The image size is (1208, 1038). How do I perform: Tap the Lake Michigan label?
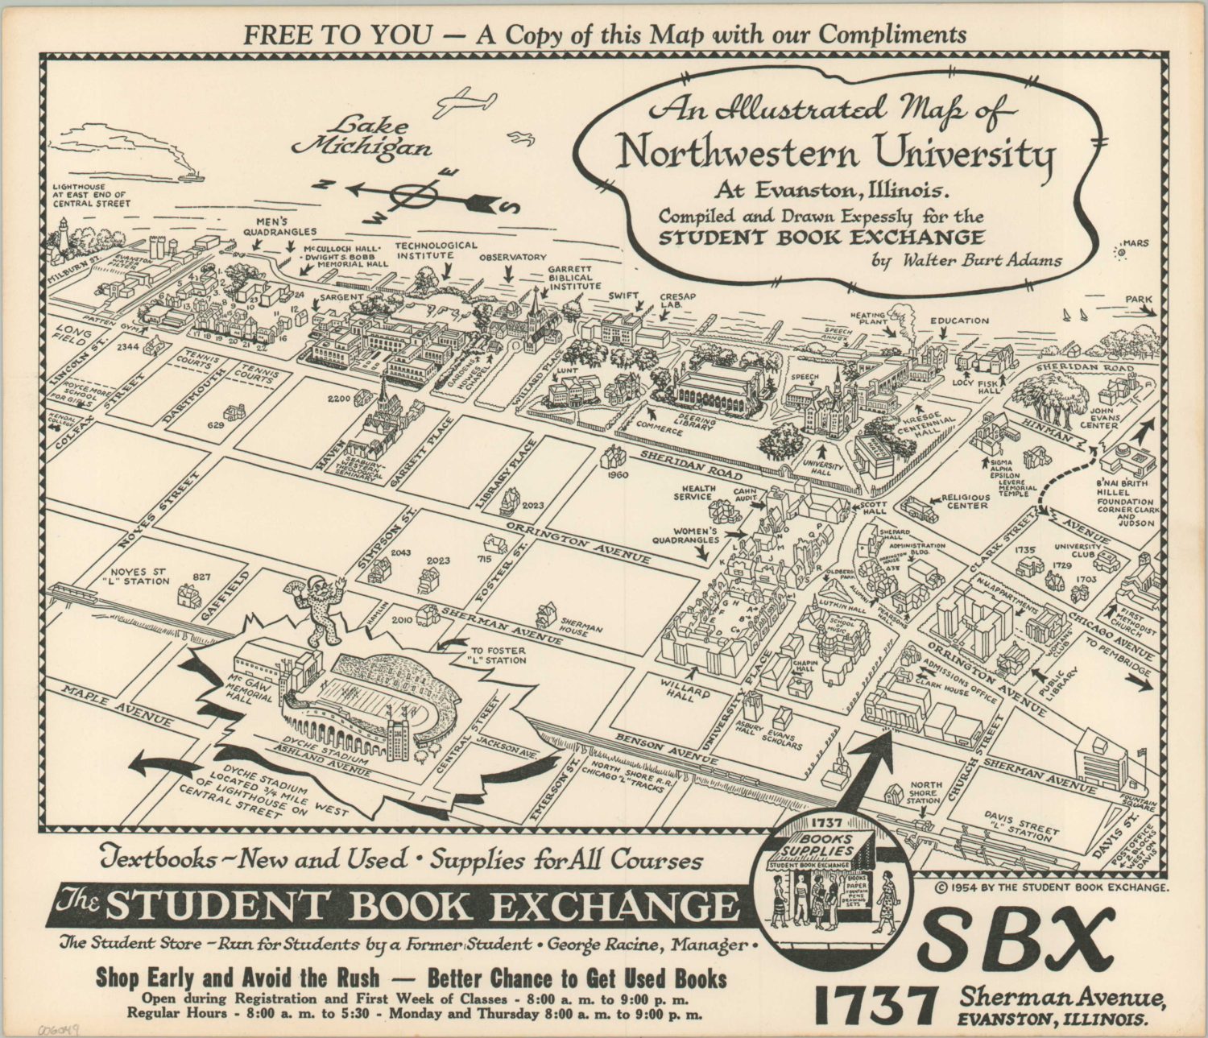pyautogui.click(x=362, y=137)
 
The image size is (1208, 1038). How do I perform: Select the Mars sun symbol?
pyautogui.click(x=1119, y=253)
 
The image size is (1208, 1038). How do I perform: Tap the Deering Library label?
pyautogui.click(x=695, y=422)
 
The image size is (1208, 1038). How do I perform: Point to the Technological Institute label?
pyautogui.click(x=436, y=250)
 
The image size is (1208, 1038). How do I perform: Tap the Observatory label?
pyautogui.click(x=512, y=258)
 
